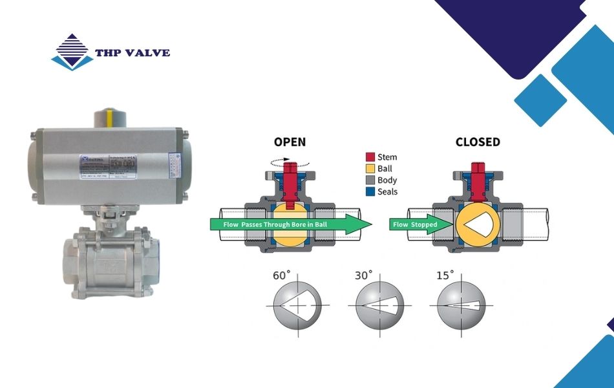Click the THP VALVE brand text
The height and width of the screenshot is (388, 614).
point(132,52)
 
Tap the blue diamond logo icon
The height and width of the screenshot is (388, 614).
point(72,52)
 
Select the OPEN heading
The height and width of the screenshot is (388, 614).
point(290,142)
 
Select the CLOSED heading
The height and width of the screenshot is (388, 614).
point(478,142)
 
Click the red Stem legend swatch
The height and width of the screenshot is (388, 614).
point(370,157)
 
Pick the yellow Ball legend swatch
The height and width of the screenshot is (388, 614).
point(370,169)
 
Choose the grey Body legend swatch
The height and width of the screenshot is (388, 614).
point(370,180)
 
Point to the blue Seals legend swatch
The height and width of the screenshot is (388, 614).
point(370,192)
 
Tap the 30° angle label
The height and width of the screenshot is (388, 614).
point(363,275)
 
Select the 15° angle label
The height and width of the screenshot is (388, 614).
point(445,275)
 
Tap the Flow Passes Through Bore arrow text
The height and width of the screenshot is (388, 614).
point(284,224)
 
